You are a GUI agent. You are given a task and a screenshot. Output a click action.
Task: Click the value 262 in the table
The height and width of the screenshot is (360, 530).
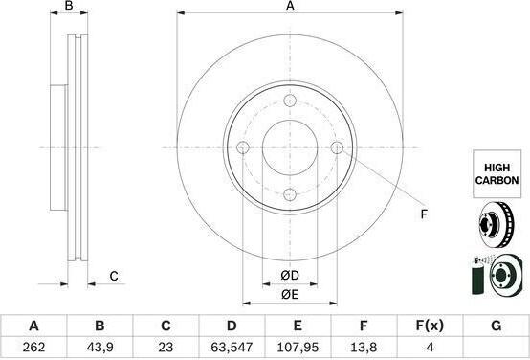[x=33, y=347]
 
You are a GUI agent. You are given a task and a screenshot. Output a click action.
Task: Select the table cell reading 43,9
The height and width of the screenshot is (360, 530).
[x=99, y=347]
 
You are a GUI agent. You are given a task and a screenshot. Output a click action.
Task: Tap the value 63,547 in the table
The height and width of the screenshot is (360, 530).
[x=232, y=347]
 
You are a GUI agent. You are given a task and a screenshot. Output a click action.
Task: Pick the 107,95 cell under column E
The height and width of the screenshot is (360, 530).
[x=298, y=347]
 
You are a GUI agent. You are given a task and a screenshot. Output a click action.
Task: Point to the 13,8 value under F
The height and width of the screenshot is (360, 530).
[x=364, y=347]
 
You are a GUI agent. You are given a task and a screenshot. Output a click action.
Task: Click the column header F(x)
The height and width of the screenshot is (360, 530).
[x=430, y=326]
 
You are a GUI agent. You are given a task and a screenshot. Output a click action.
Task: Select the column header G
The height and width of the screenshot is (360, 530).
[x=496, y=326]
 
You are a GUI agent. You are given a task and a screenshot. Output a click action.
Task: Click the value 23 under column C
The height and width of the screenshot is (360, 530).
[x=166, y=347]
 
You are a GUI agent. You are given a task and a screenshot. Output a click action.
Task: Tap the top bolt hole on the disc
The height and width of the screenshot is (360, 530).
[x=290, y=101]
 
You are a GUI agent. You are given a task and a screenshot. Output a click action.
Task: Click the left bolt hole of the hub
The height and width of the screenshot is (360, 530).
[x=243, y=147]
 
